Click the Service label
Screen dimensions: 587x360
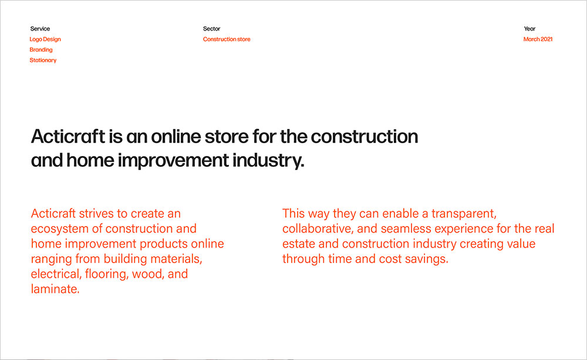tap(40, 29)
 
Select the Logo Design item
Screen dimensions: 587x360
tap(45, 39)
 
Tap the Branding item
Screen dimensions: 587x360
tap(41, 50)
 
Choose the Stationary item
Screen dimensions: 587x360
tap(43, 60)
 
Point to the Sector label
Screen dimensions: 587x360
tap(211, 29)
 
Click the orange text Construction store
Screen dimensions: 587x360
tap(227, 39)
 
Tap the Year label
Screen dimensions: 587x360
tap(529, 29)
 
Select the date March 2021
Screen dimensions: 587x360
tap(538, 39)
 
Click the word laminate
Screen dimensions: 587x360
tap(55, 289)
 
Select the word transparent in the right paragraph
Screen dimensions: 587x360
tap(464, 214)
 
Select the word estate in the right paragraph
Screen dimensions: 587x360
tap(299, 244)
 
